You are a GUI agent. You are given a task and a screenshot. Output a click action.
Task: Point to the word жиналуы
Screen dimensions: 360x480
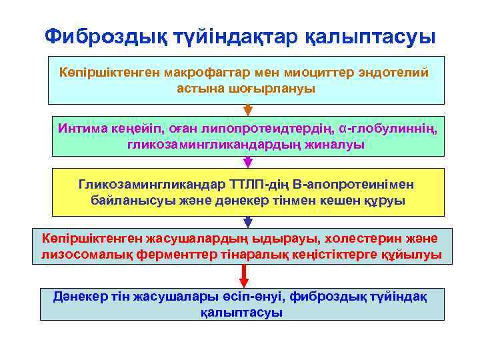tap(335, 144)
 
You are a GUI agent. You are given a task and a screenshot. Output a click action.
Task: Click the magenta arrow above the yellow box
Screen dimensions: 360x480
tap(247, 162)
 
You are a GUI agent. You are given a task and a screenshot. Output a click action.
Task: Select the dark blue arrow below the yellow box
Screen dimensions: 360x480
tap(247, 221)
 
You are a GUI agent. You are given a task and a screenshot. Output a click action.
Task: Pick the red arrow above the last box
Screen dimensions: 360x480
tap(244, 275)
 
